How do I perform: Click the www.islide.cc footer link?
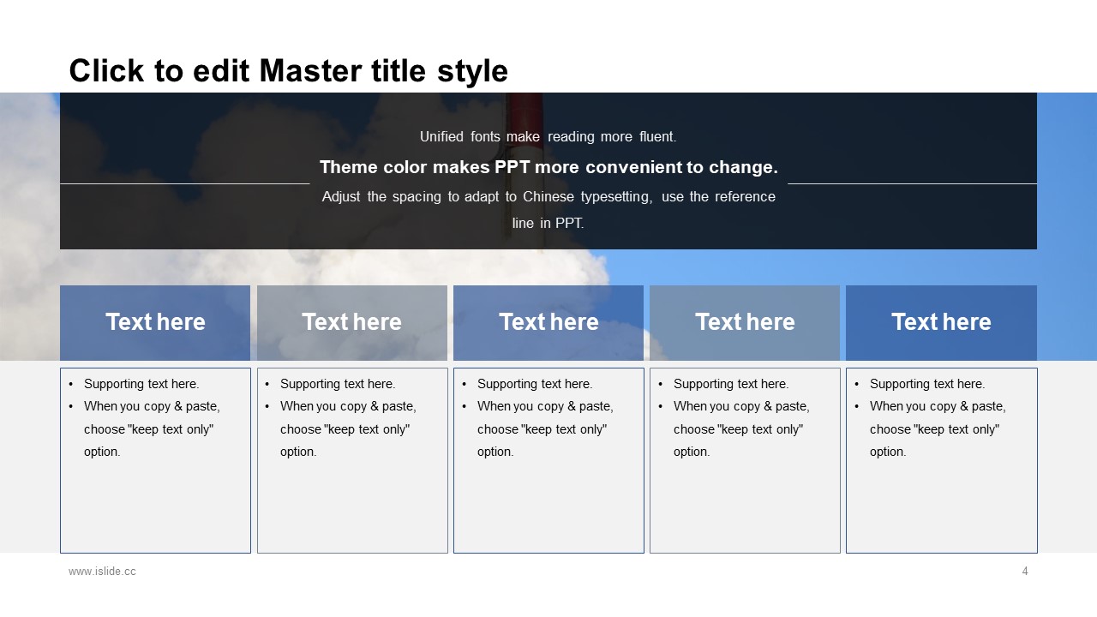[102, 571]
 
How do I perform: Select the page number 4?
[1024, 571]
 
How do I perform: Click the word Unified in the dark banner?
[441, 136]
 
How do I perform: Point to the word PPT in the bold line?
[512, 167]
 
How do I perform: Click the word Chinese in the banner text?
[548, 197]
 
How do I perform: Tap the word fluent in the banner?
[657, 136]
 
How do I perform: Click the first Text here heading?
[155, 322]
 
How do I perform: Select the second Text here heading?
[351, 322]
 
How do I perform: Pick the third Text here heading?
[548, 322]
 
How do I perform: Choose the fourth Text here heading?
[745, 322]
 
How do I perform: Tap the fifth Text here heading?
[941, 322]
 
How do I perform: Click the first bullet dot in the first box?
[71, 385]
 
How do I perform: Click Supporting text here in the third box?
[535, 384]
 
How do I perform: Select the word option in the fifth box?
[888, 452]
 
